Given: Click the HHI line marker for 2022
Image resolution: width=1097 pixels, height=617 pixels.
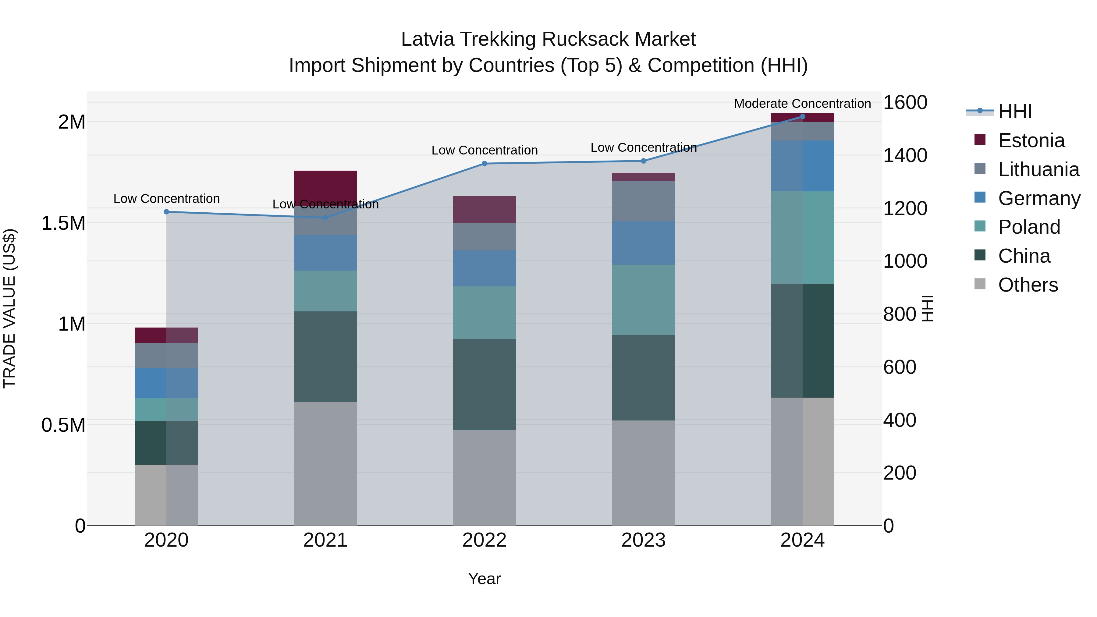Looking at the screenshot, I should (484, 164).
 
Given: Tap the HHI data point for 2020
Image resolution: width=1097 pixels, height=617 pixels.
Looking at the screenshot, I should (166, 212).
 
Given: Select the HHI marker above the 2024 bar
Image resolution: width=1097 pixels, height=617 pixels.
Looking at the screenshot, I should (802, 117).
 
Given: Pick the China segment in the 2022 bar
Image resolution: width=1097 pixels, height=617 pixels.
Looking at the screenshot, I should (484, 384).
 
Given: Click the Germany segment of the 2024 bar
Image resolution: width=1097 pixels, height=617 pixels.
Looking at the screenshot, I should (802, 166).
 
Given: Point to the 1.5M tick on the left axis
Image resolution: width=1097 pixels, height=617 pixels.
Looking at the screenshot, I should (63, 223).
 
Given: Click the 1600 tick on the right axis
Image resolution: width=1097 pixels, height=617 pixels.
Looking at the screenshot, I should (905, 103).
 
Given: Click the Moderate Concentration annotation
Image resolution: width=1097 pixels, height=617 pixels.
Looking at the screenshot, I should (802, 104).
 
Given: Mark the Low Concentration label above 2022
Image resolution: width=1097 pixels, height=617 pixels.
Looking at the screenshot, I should (485, 150).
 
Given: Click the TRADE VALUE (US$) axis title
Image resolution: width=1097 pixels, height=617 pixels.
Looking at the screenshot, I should (9, 308).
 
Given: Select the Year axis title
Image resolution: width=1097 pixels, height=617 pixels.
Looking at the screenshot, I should (484, 579).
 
